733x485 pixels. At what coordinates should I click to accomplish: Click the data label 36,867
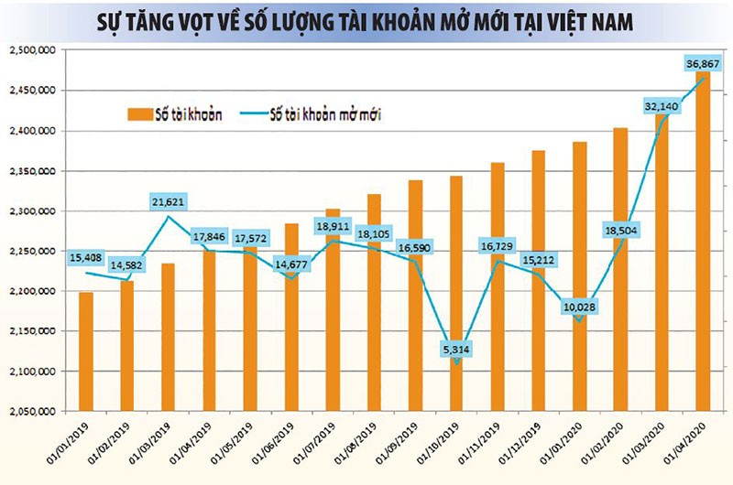pos(702,63)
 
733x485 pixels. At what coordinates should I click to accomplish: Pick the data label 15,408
pos(87,257)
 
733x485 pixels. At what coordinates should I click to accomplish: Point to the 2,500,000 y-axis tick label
pos(30,50)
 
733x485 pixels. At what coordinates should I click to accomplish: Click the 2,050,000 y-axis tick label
pos(30,411)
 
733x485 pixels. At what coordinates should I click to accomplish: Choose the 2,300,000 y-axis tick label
pos(30,210)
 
